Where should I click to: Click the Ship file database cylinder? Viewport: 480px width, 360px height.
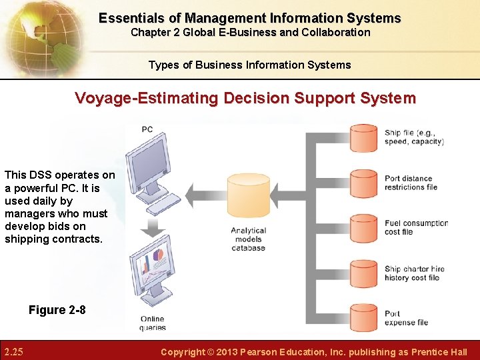point(364,137)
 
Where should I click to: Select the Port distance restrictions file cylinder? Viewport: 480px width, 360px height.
point(364,182)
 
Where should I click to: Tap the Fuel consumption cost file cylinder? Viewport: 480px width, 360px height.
point(364,227)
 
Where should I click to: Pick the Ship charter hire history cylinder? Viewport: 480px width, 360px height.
point(364,273)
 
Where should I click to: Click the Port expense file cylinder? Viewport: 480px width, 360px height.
point(364,317)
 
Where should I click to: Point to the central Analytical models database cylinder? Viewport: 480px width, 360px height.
point(248,197)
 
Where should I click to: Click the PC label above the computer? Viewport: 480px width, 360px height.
point(147,129)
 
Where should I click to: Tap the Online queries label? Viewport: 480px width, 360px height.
point(153,323)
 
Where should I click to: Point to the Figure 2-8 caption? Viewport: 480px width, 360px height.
point(57,310)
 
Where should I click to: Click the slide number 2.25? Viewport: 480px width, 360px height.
point(14,351)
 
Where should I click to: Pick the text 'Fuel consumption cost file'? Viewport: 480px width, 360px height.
point(416,227)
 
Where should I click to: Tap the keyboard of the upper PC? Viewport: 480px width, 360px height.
point(164,203)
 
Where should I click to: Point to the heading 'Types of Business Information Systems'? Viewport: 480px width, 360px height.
point(249,65)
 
